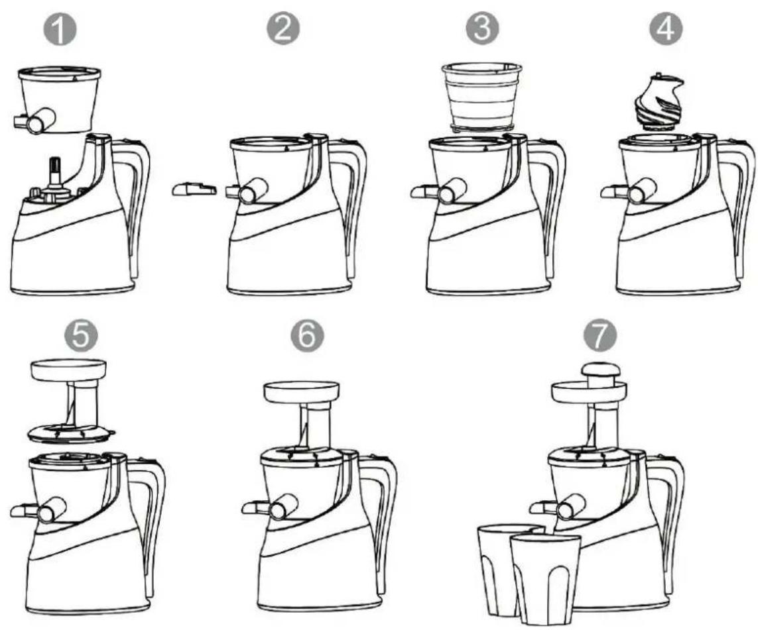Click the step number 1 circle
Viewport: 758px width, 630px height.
pyautogui.click(x=60, y=30)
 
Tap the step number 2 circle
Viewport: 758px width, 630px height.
pyautogui.click(x=283, y=29)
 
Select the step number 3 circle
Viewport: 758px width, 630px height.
pyautogui.click(x=482, y=29)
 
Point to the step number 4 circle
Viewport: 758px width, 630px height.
pyautogui.click(x=666, y=29)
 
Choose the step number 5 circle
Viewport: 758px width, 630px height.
pyautogui.click(x=81, y=335)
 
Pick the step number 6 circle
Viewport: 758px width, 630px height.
pyautogui.click(x=308, y=335)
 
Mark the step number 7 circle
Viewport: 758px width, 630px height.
pyautogui.click(x=600, y=335)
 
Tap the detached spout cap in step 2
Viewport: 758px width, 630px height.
pyautogui.click(x=194, y=189)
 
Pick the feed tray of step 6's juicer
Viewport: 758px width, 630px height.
pyautogui.click(x=301, y=392)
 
